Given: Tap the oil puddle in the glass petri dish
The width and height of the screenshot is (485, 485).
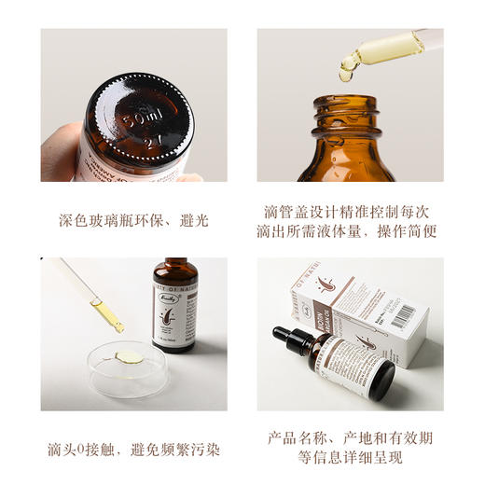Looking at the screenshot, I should click(x=130, y=357).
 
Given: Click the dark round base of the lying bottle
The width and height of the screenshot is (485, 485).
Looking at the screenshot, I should click(x=382, y=382).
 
